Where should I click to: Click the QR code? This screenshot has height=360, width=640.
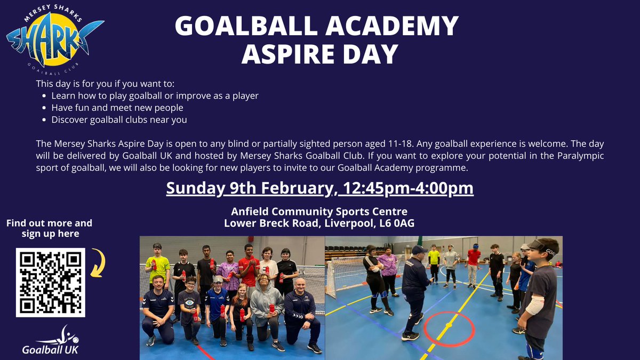tap(51, 283)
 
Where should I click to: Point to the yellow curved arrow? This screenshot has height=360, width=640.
tap(98, 263)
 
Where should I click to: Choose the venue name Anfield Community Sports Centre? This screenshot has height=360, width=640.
tap(319, 211)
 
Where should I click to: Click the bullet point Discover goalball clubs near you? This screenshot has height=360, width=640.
tap(119, 119)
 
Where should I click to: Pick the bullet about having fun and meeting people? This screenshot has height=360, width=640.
tap(117, 108)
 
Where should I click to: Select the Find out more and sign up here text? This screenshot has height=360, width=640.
tap(50, 228)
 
